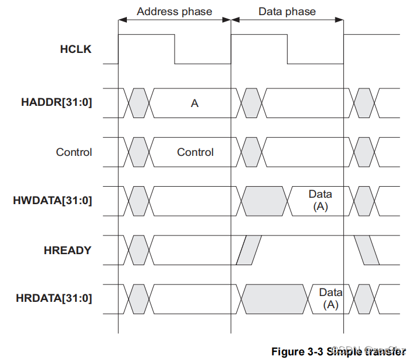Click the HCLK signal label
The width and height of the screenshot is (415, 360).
click(76, 49)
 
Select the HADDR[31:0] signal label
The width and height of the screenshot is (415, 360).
click(56, 104)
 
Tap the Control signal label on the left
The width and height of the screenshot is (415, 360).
click(74, 152)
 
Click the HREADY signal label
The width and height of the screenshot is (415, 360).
click(68, 251)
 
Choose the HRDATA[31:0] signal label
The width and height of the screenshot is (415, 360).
click(53, 299)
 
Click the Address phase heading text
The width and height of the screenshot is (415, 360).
click(174, 12)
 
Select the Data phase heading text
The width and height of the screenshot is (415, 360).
click(287, 12)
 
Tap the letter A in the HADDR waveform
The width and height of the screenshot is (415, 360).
click(194, 104)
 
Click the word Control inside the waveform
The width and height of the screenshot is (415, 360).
click(195, 152)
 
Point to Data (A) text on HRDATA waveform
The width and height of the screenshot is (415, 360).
click(331, 298)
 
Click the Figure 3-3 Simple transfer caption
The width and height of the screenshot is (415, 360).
click(338, 352)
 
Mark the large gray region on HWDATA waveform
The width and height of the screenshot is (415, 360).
click(264, 201)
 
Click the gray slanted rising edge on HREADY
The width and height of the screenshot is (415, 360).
click(249, 250)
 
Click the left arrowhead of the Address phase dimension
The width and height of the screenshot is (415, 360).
click(122, 20)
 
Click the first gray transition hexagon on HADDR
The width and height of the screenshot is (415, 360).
click(139, 104)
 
